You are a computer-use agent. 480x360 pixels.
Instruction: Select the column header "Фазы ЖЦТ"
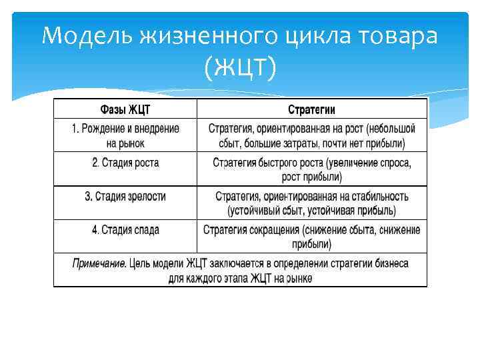pos(125,109)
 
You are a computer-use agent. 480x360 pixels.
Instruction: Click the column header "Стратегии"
pos(311,109)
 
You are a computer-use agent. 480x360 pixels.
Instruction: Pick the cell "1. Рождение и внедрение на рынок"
pos(125,135)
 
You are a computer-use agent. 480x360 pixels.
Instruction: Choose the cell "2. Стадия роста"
pos(125,163)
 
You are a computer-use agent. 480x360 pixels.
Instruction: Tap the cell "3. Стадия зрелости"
pos(125,197)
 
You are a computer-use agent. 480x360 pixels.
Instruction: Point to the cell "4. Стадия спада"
pos(125,230)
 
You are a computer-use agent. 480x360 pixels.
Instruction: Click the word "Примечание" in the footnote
pos(98,263)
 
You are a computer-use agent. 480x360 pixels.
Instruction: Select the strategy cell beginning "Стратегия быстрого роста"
pos(311,169)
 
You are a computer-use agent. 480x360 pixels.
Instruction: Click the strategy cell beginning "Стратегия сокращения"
pos(311,237)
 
